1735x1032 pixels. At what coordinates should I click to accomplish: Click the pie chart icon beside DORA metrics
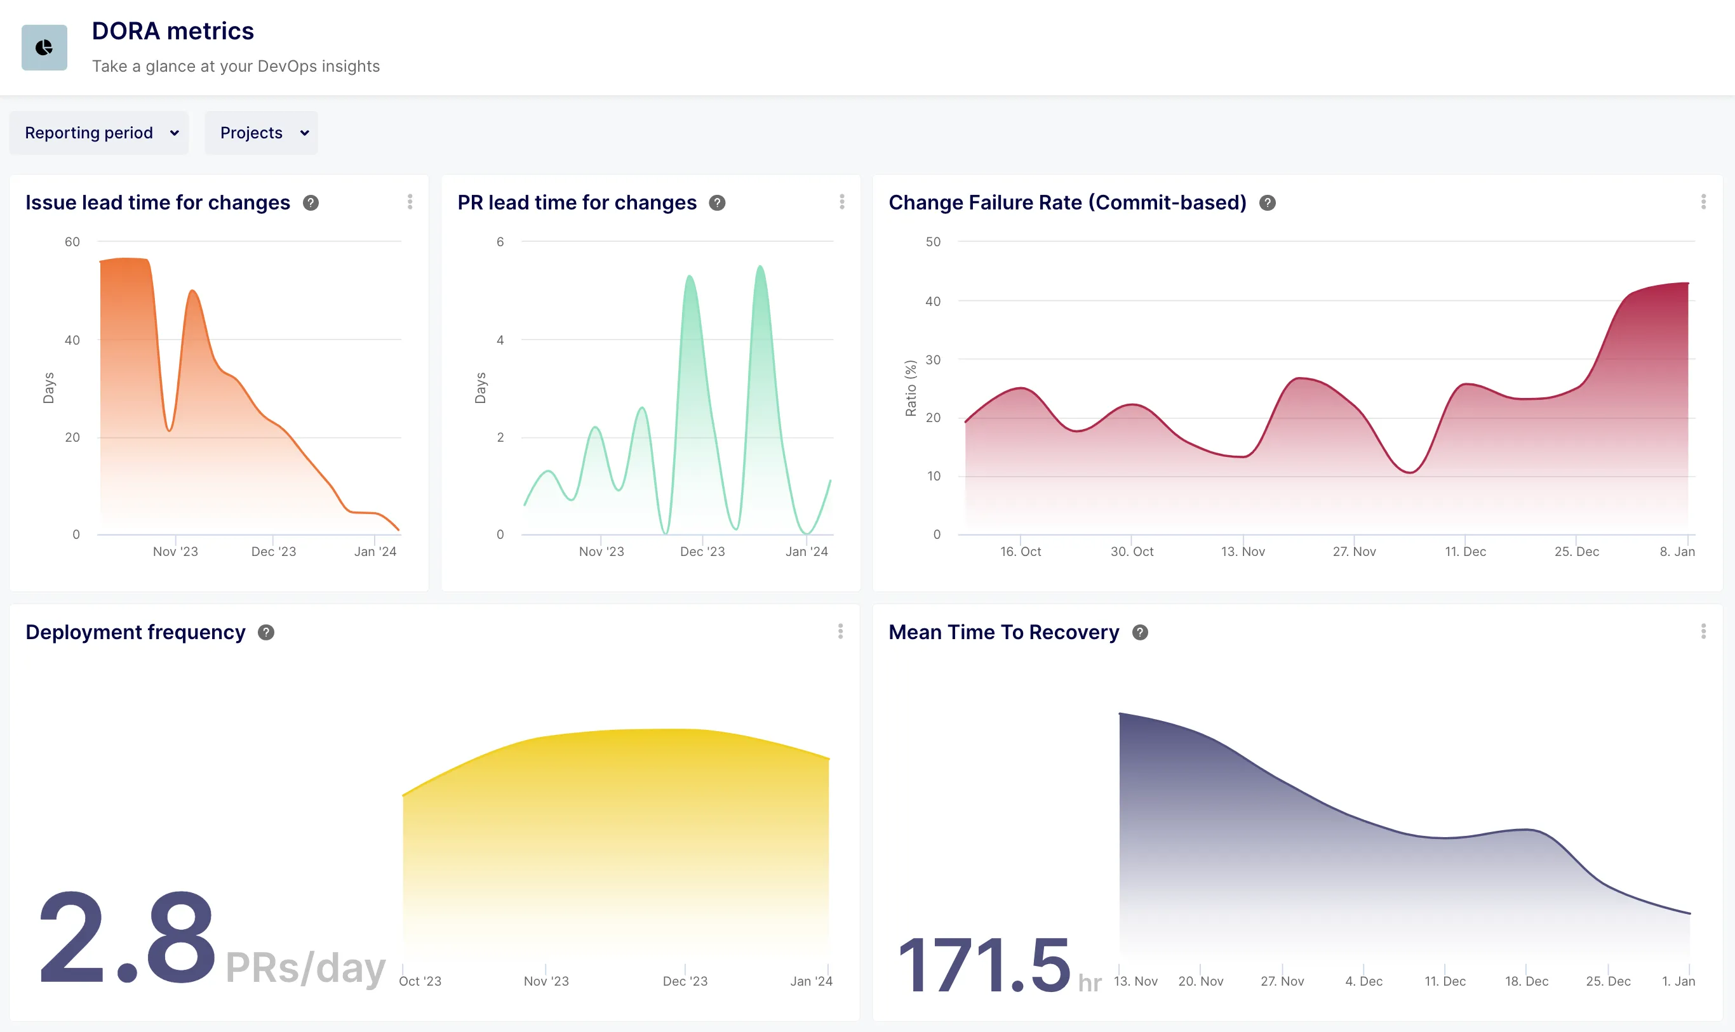click(44, 48)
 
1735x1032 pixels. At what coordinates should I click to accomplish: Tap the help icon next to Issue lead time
click(311, 202)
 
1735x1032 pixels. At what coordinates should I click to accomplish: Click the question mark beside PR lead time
click(717, 202)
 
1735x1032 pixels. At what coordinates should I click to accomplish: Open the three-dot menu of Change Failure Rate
click(1703, 202)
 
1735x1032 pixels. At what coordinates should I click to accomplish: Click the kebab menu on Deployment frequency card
click(840, 632)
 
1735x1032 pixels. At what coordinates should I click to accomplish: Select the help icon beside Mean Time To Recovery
click(1140, 632)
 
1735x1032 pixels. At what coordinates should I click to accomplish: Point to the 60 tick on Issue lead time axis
click(72, 242)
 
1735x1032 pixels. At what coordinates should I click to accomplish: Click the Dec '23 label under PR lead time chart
click(702, 552)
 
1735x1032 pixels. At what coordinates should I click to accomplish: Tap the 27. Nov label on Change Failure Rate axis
click(1354, 552)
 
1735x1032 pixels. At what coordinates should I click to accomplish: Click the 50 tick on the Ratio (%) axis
click(933, 242)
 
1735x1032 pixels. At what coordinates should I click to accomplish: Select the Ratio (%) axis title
click(911, 388)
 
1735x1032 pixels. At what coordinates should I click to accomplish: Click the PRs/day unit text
click(305, 967)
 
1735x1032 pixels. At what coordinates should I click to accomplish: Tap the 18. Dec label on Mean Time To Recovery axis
click(1526, 981)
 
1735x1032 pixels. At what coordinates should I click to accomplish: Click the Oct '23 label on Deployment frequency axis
click(420, 981)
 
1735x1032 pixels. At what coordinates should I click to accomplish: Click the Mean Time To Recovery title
click(1004, 632)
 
